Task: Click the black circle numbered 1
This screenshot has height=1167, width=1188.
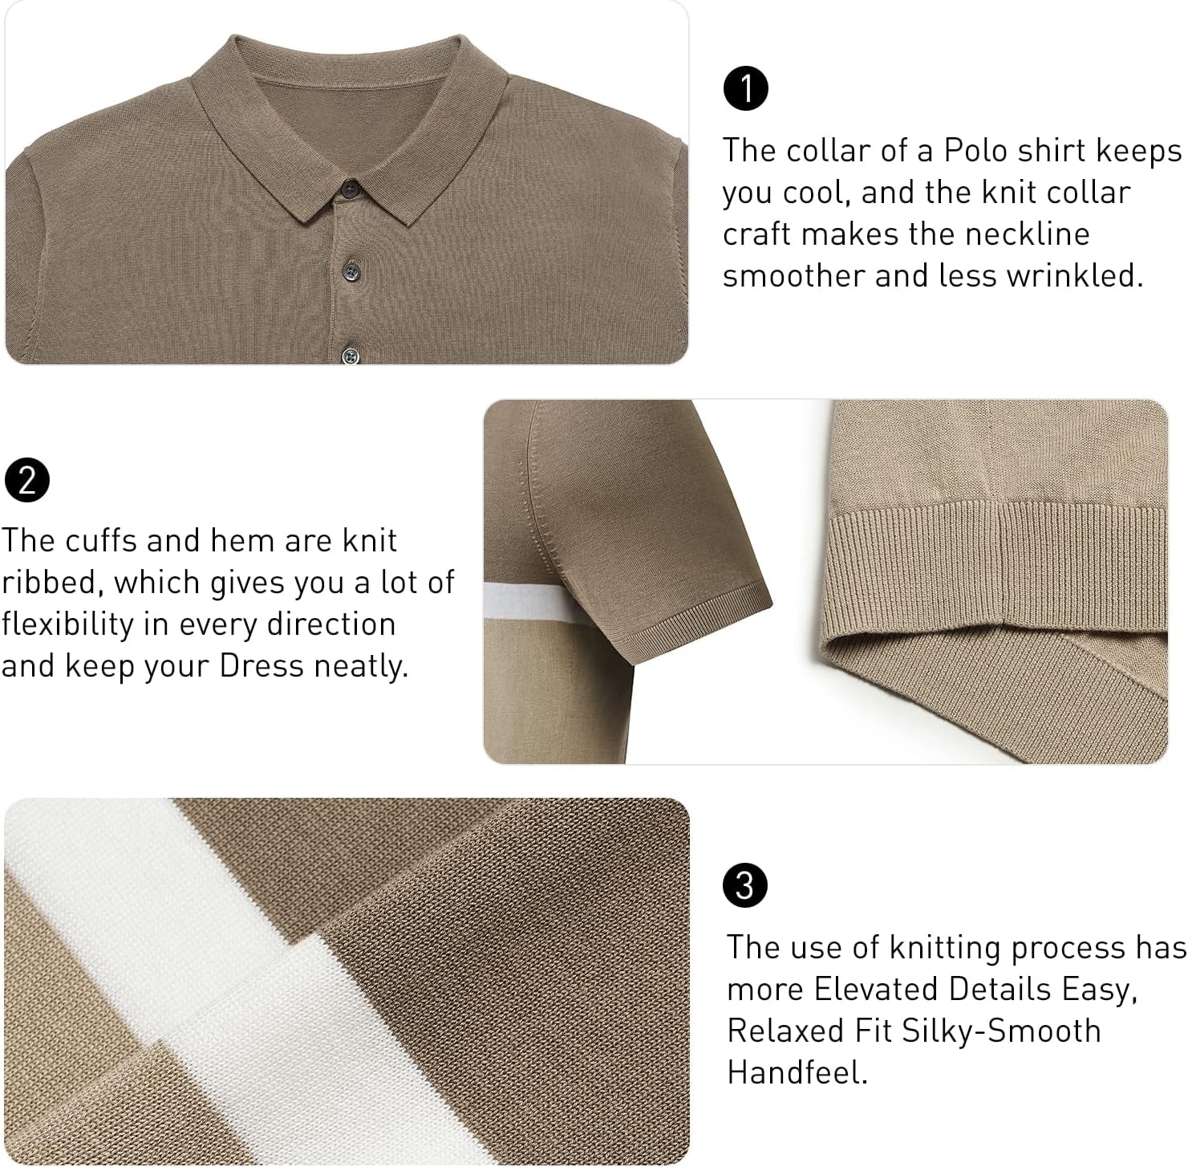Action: point(745,88)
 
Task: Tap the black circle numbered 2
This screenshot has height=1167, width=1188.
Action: point(27,480)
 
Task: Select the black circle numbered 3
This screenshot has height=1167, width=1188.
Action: point(745,885)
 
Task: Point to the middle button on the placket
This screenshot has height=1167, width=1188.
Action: point(351,267)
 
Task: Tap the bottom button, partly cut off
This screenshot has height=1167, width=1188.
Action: point(351,355)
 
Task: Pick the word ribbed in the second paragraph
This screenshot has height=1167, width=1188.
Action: point(48,583)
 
